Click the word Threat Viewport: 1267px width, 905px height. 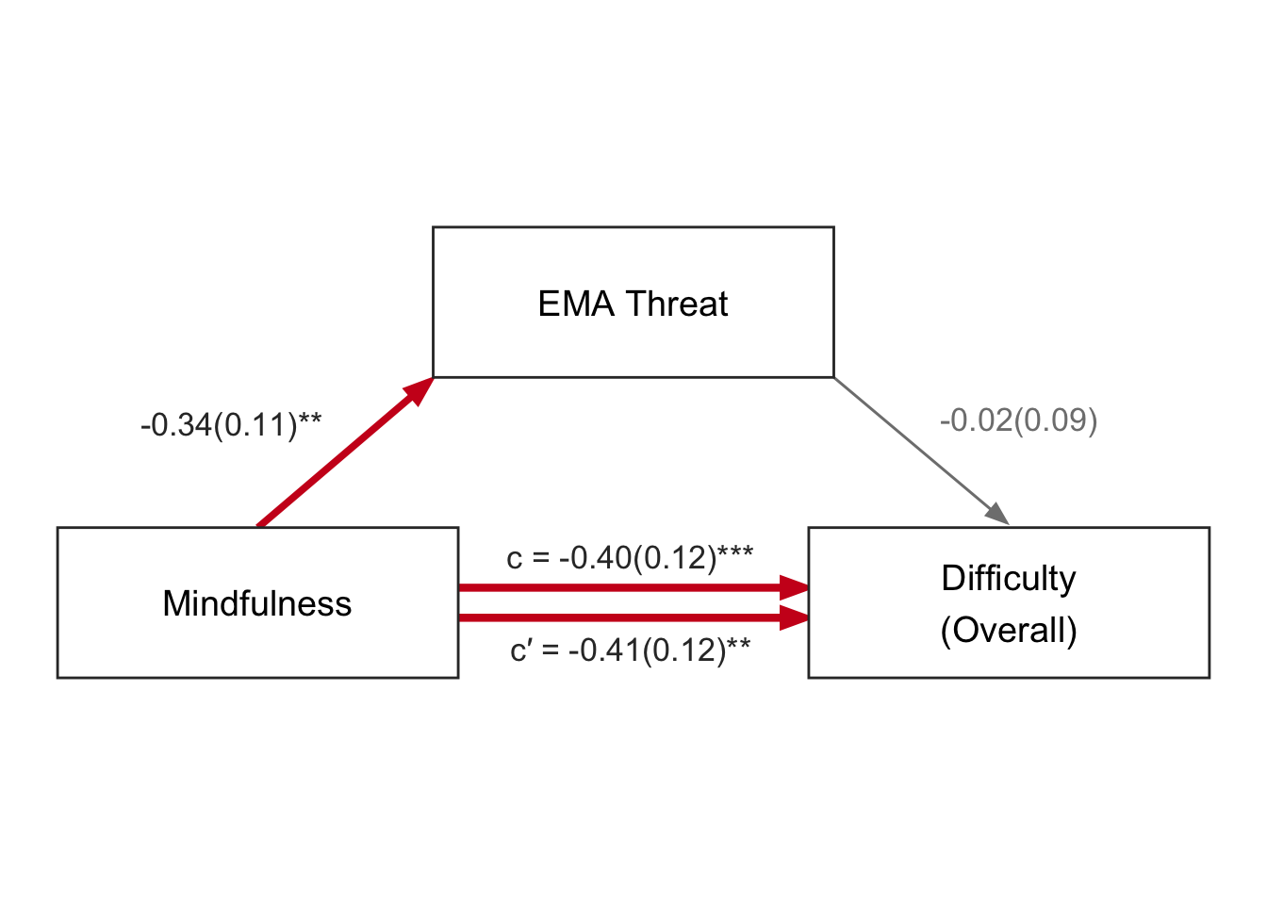(677, 304)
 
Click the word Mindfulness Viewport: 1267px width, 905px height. (257, 603)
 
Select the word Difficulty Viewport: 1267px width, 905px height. (1008, 578)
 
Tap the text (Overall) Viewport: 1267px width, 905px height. (1008, 630)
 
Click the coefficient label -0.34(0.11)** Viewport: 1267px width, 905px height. (231, 425)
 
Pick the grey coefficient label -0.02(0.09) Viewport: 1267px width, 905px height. (1018, 420)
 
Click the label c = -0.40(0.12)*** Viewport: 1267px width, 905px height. (630, 557)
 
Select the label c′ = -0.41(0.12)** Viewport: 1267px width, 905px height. (630, 650)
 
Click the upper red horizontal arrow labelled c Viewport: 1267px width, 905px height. (622, 587)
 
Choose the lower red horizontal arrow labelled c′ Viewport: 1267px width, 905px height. (622, 618)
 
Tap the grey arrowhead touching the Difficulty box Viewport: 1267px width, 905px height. (998, 515)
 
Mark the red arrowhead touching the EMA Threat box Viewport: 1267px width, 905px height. (419, 390)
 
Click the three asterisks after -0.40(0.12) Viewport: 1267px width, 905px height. (735, 552)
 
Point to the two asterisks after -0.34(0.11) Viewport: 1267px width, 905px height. (310, 420)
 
